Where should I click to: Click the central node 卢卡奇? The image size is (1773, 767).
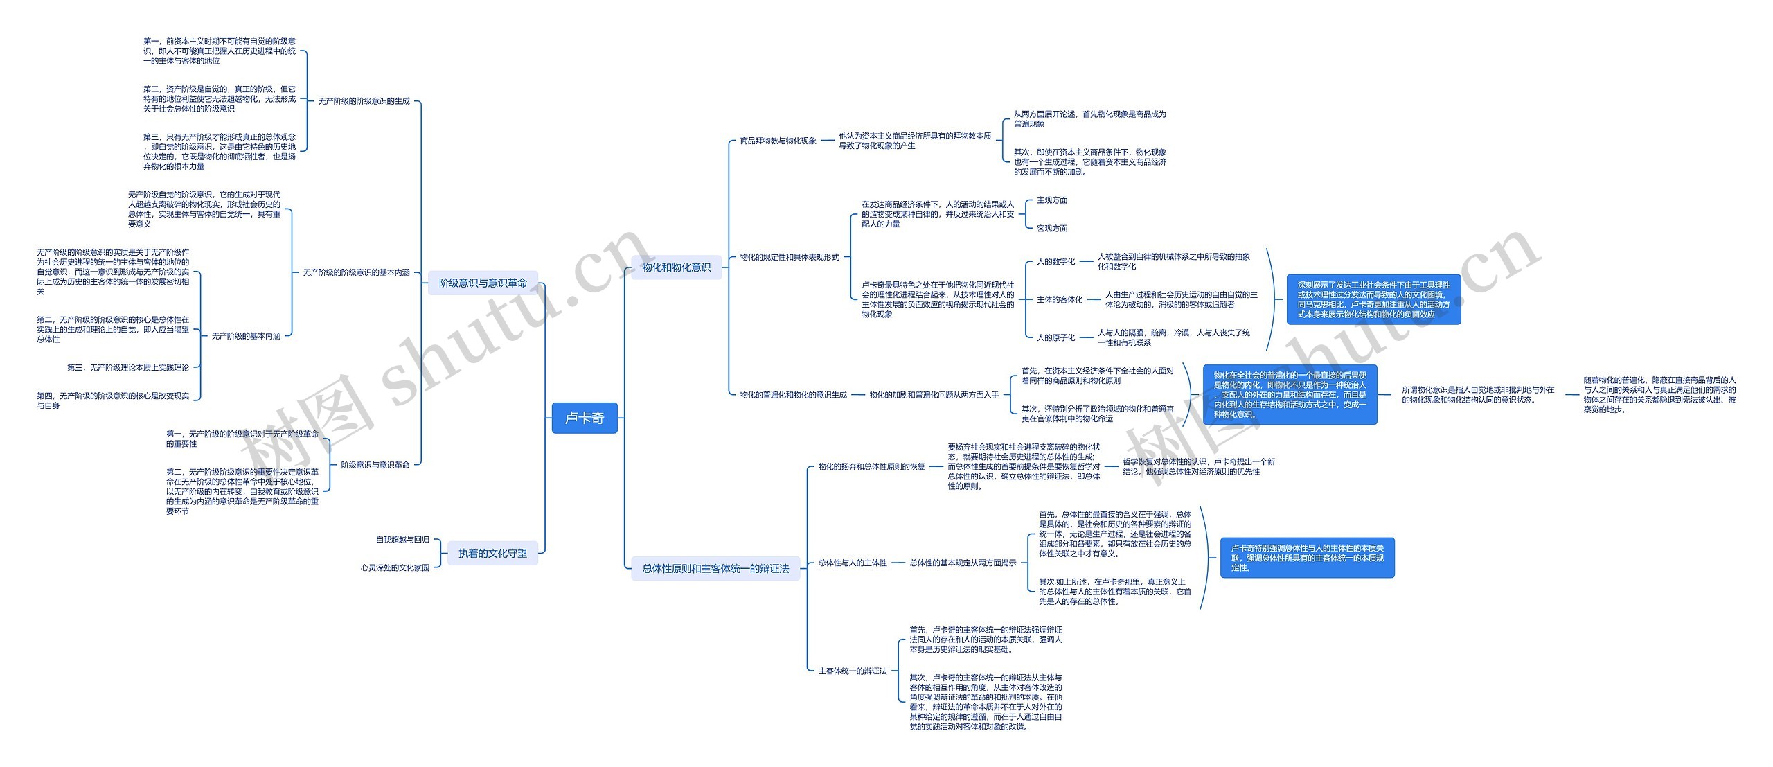pyautogui.click(x=584, y=418)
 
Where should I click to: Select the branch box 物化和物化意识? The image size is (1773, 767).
pyautogui.click(x=676, y=267)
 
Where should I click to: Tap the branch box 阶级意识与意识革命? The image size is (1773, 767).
pyautogui.click(x=483, y=283)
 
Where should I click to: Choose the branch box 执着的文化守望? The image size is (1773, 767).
pyautogui.click(x=492, y=553)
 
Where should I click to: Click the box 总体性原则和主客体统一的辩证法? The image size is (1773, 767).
pyautogui.click(x=715, y=568)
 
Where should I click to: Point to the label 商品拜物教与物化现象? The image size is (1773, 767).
pyautogui.click(x=778, y=141)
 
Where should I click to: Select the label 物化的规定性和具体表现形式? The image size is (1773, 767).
pyautogui.click(x=789, y=257)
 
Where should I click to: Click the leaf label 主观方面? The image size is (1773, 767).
pyautogui.click(x=1051, y=200)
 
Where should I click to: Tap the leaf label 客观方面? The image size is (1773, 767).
pyautogui.click(x=1051, y=228)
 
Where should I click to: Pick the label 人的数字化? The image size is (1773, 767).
pyautogui.click(x=1055, y=261)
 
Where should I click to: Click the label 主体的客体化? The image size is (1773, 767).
pyautogui.click(x=1059, y=299)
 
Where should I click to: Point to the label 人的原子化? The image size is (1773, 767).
pyautogui.click(x=1055, y=337)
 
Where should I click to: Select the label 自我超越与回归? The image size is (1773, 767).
pyautogui.click(x=402, y=539)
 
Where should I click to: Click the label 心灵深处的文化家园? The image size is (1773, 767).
pyautogui.click(x=395, y=567)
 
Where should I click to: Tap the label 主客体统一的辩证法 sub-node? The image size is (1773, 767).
pyautogui.click(x=852, y=671)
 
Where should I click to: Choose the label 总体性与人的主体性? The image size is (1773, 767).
pyautogui.click(x=852, y=563)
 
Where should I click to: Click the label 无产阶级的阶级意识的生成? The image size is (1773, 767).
pyautogui.click(x=364, y=101)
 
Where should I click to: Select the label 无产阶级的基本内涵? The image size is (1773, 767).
pyautogui.click(x=246, y=336)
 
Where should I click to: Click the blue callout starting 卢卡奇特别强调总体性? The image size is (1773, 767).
pyautogui.click(x=1307, y=558)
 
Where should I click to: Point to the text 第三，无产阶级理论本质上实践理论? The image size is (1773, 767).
pyautogui.click(x=127, y=367)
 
